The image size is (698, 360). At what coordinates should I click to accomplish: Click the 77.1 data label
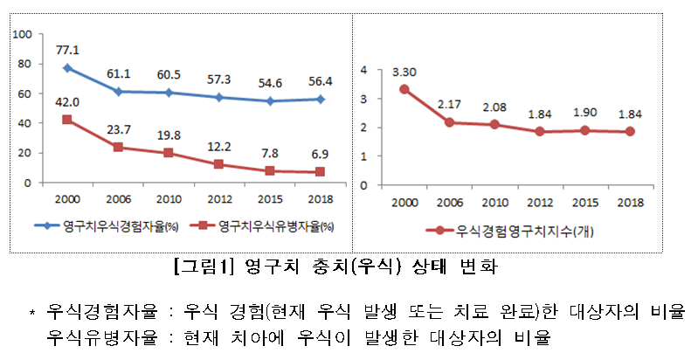[x=67, y=51]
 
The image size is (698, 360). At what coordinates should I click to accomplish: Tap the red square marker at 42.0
[x=67, y=120]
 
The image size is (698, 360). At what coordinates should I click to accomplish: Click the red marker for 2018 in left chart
[x=320, y=172]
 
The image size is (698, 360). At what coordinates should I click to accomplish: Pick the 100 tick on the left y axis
[x=24, y=34]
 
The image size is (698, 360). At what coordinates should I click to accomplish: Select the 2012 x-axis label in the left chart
[x=218, y=199]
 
